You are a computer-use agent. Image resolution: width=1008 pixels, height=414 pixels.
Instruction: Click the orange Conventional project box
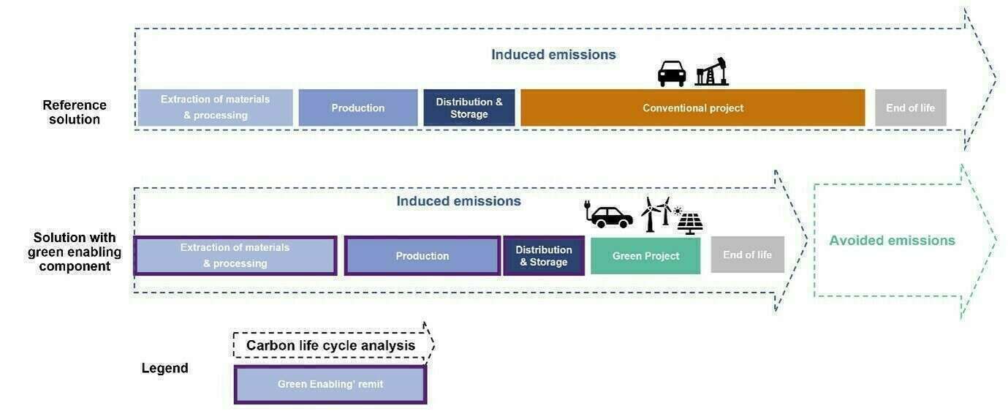tap(692, 108)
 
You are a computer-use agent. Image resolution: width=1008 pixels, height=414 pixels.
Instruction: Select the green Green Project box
tap(645, 255)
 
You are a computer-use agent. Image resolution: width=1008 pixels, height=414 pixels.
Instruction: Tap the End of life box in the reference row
tap(910, 108)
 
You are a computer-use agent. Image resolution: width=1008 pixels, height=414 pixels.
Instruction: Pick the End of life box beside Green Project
tap(747, 255)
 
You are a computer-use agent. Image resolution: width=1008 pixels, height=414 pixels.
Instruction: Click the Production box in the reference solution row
tap(357, 108)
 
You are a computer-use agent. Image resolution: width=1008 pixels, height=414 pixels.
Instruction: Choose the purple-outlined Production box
tap(422, 255)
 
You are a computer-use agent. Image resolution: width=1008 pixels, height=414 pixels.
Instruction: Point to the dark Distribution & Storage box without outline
tap(469, 108)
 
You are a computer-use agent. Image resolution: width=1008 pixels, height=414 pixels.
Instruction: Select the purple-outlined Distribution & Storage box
tap(543, 255)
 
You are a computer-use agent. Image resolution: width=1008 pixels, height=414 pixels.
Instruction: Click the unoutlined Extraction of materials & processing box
tap(215, 108)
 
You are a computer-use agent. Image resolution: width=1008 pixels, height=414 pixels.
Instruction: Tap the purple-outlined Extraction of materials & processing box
tap(235, 255)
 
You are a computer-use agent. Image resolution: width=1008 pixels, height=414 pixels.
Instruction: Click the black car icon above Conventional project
tap(672, 73)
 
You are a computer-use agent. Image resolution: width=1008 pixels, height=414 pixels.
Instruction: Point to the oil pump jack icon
tap(712, 72)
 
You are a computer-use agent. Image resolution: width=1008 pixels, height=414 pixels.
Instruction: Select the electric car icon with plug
tap(609, 215)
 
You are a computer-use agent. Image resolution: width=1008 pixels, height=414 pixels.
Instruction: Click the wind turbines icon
tap(655, 214)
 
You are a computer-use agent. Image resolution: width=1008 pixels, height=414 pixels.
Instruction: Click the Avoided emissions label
tap(892, 241)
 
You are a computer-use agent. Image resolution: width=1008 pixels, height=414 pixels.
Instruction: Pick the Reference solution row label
tap(75, 112)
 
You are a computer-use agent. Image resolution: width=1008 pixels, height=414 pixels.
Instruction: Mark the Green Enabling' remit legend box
tap(330, 384)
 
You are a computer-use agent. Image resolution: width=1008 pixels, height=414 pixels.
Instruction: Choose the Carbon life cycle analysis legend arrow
tap(331, 345)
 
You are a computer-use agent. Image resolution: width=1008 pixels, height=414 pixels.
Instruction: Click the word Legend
tap(164, 368)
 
